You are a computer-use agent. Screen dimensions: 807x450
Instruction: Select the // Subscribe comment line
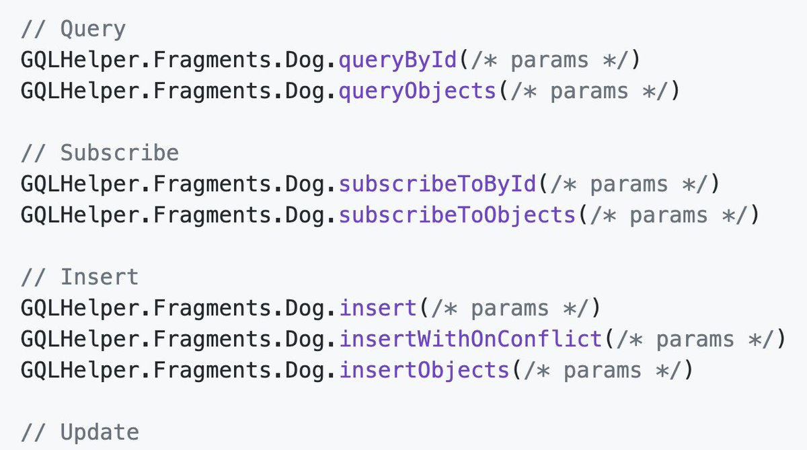[100, 153]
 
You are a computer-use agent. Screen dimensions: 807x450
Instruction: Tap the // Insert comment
[79, 277]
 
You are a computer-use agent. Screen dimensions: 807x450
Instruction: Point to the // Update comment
[79, 433]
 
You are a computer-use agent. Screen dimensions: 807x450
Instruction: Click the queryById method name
[398, 61]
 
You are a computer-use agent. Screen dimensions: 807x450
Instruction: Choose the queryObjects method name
[418, 91]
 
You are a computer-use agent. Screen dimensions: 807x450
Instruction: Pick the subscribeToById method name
[438, 184]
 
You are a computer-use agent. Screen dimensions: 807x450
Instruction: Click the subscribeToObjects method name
[457, 215]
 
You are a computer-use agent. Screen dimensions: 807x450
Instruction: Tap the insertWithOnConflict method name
[471, 339]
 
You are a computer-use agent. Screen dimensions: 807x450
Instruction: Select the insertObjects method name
[424, 370]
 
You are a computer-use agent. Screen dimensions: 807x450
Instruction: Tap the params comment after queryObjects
[589, 91]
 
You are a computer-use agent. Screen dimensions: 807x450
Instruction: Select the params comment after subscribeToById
[629, 184]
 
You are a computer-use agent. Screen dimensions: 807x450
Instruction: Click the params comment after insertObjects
[603, 370]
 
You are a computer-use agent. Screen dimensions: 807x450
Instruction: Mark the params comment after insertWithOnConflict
[695, 339]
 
